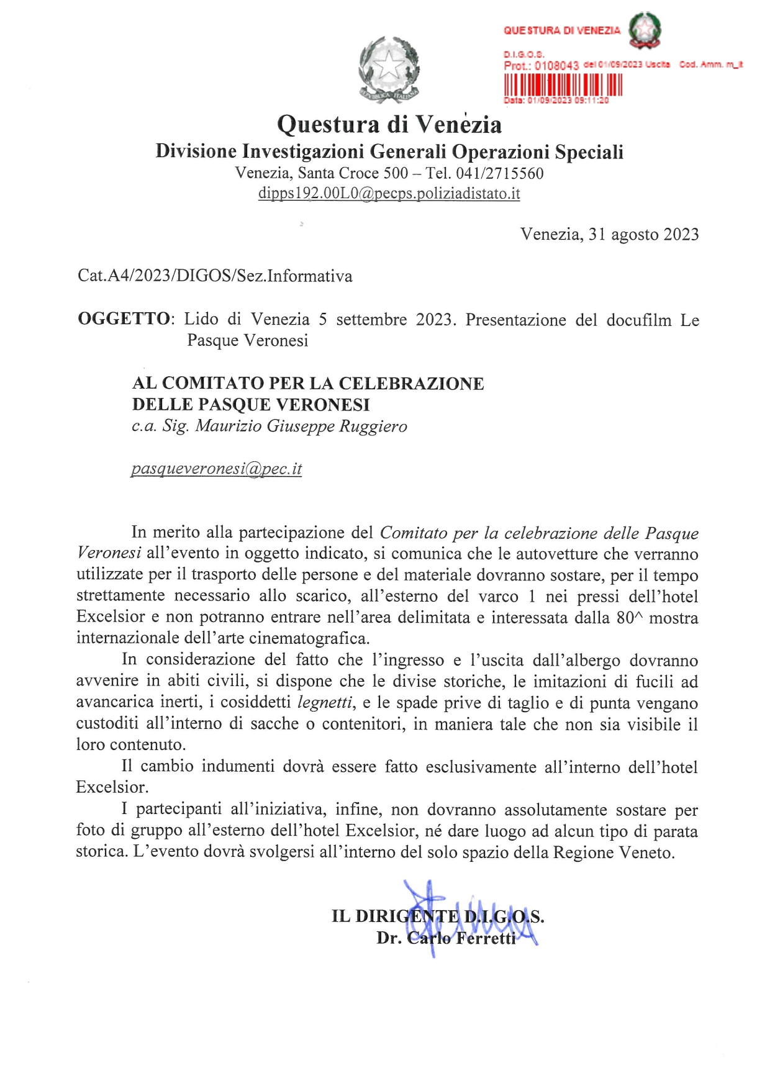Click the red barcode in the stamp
pos(563,84)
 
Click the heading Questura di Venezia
pos(389,124)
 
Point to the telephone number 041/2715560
pos(500,173)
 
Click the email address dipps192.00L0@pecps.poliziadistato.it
pos(389,194)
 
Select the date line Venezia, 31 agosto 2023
pos(609,234)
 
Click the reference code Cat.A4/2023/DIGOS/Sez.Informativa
pos(215,276)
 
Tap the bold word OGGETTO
pos(124,319)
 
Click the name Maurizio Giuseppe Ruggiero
pos(301,427)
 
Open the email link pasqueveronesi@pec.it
pos(216,469)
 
